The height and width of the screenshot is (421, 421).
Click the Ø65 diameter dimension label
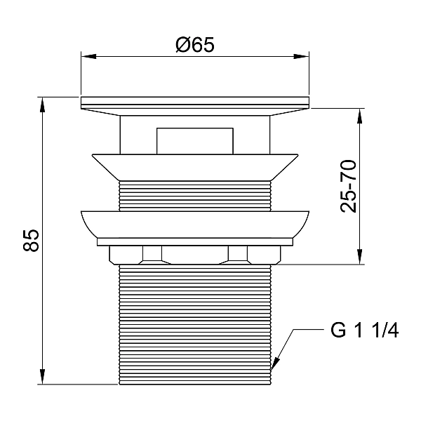pos(195,45)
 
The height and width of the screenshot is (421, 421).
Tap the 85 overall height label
pos(31,240)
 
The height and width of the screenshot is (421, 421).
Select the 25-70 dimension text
pos(349,186)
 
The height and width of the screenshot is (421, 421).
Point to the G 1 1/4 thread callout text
pos(364,330)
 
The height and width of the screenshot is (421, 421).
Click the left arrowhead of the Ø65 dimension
pos(88,56)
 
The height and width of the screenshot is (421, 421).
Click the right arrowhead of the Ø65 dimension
pos(301,56)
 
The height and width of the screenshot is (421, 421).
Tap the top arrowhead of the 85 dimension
pos(42,105)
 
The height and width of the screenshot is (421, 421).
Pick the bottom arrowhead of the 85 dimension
pos(42,377)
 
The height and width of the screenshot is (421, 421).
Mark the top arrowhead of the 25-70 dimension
pos(360,116)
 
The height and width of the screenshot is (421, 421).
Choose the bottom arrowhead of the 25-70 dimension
pos(360,257)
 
